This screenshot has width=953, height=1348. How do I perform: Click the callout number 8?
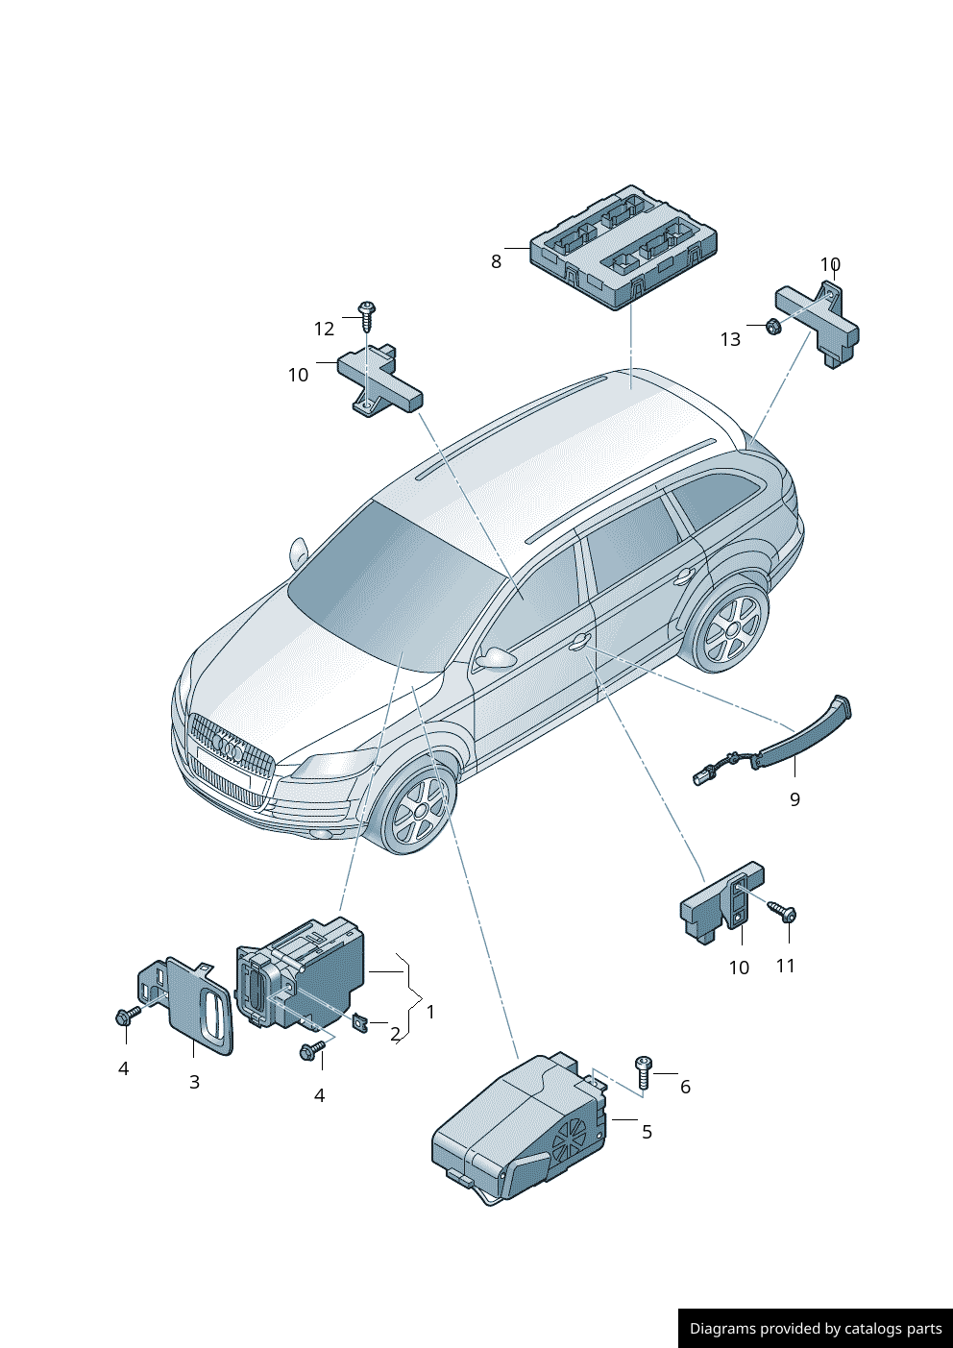(496, 261)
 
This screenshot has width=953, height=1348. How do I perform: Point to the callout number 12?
(324, 329)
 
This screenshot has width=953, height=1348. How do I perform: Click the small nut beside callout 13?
(774, 327)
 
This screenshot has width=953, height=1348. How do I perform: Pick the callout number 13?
(730, 339)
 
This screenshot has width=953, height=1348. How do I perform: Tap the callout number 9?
(794, 799)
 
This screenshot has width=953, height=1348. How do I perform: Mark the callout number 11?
(786, 966)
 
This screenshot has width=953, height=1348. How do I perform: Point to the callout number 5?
(647, 1132)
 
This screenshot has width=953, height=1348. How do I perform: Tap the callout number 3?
(194, 1082)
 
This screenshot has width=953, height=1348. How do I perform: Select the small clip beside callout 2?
(361, 1022)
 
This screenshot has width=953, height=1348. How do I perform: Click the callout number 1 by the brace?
(430, 1012)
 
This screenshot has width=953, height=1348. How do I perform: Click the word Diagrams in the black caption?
(722, 1329)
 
